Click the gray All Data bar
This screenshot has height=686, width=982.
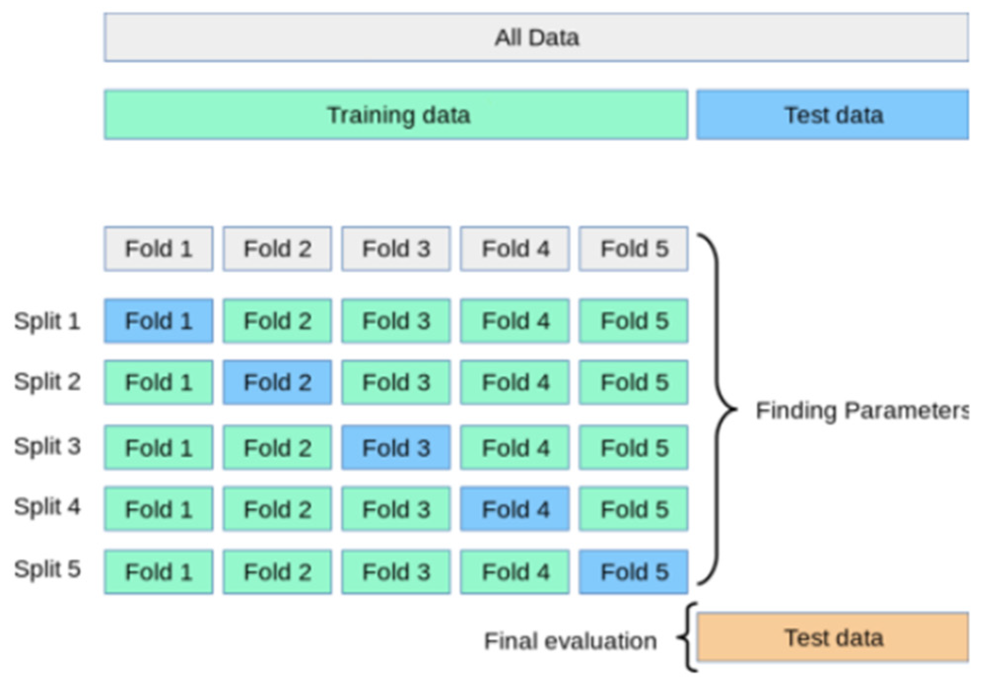tap(536, 37)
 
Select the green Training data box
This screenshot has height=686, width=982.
tap(396, 115)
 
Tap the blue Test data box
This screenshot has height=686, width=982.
tap(832, 115)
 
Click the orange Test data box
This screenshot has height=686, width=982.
tap(832, 638)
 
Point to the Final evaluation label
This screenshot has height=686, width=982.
tap(570, 641)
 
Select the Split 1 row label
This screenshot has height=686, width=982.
tap(47, 321)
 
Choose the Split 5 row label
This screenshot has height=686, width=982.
tap(47, 569)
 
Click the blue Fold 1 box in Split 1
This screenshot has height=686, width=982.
tap(158, 321)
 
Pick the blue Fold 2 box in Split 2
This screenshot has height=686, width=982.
tap(277, 382)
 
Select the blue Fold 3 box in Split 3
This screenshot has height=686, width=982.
tap(396, 448)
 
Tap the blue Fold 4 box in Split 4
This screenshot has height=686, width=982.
tap(515, 509)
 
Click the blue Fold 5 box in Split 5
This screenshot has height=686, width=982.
tap(634, 572)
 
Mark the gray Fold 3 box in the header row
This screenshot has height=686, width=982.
tap(396, 249)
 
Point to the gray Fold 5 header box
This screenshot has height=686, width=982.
tap(634, 249)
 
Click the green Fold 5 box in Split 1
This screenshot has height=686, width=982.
tap(634, 321)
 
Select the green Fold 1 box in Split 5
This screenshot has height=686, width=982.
tap(158, 572)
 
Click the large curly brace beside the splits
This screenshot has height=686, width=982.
tap(718, 409)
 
